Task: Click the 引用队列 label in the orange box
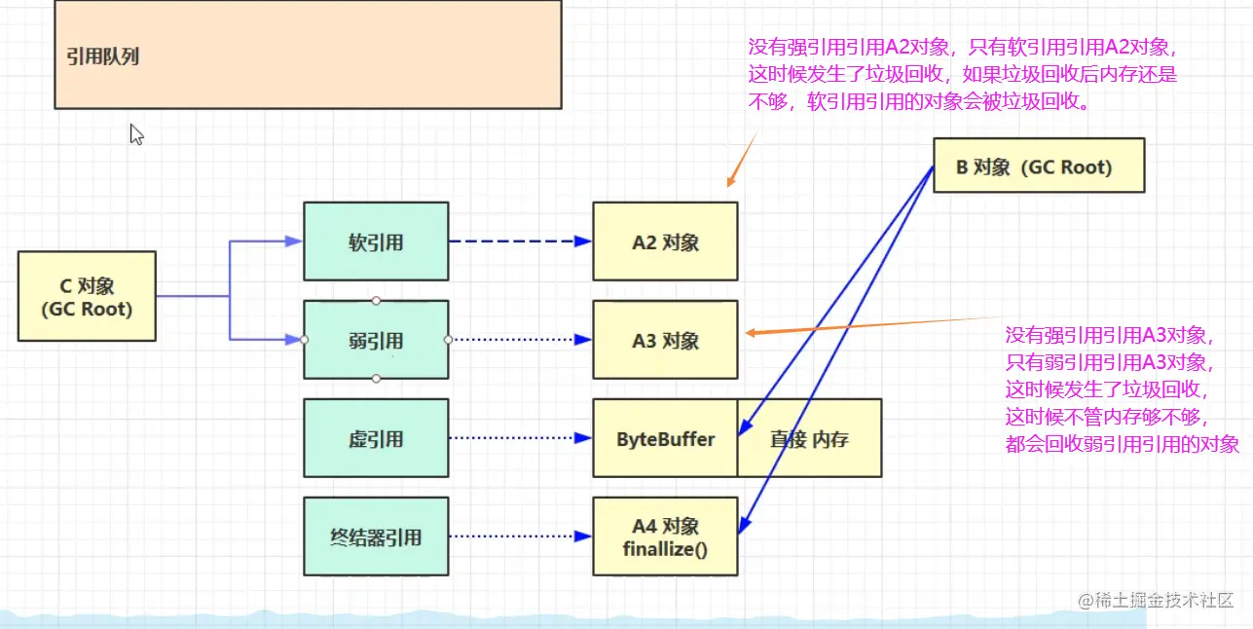click(x=103, y=56)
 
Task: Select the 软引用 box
click(x=376, y=242)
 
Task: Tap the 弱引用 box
click(x=376, y=341)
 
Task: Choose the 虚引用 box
click(x=376, y=439)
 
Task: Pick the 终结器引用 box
click(x=376, y=536)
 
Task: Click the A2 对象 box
click(x=666, y=242)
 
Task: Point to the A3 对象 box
click(x=666, y=341)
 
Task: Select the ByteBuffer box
click(x=666, y=439)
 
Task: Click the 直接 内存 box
click(x=809, y=439)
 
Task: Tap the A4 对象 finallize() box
click(x=666, y=536)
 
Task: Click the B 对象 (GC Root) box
click(x=1038, y=166)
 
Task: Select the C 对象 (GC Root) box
click(x=87, y=297)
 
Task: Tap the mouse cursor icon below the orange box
click(x=136, y=134)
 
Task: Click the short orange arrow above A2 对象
click(x=741, y=160)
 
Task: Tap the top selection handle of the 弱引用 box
click(x=376, y=301)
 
